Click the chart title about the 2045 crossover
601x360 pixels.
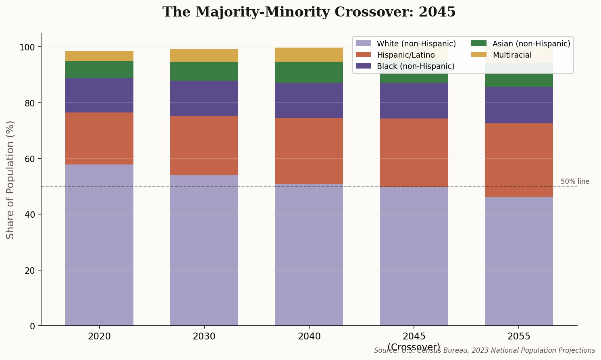click(x=309, y=12)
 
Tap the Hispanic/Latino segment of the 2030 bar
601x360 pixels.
click(x=204, y=145)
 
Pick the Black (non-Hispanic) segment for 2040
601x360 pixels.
click(x=309, y=100)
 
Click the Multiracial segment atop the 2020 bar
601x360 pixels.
click(x=99, y=56)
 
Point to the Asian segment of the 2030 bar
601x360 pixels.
click(x=204, y=71)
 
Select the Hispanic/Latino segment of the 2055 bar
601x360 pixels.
click(x=518, y=160)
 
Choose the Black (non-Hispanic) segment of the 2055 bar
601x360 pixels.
click(x=518, y=105)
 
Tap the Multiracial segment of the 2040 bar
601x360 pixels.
click(x=309, y=54)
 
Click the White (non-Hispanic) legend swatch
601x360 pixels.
click(x=363, y=44)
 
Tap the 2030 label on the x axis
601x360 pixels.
click(x=204, y=336)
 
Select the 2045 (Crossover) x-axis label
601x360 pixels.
click(x=414, y=341)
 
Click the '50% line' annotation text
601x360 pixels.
click(x=575, y=181)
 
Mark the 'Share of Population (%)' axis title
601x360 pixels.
click(x=10, y=179)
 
